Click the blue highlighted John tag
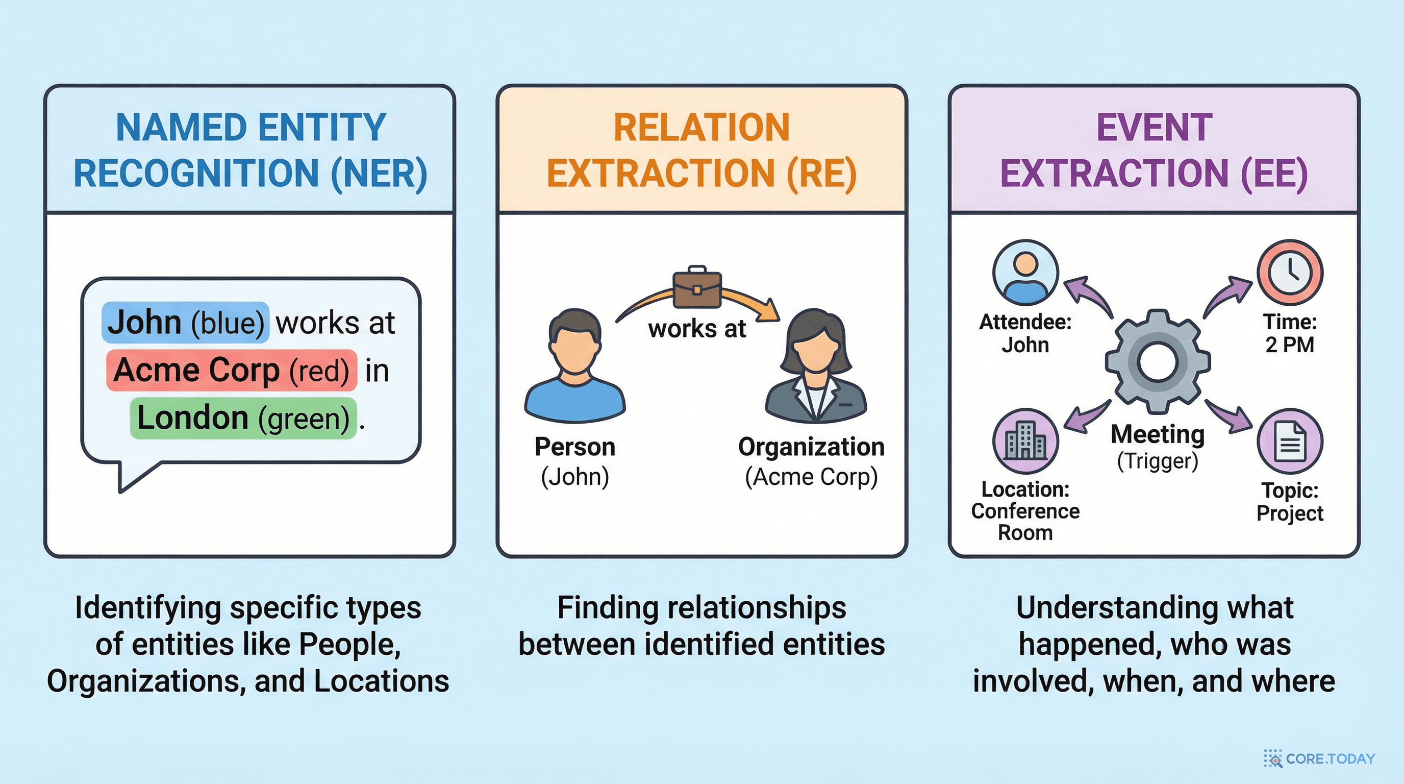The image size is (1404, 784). [x=185, y=322]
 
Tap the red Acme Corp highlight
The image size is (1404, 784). [x=232, y=370]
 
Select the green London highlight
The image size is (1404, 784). [x=243, y=418]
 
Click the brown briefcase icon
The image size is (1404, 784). [x=697, y=287]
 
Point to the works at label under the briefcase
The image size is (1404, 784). [x=697, y=329]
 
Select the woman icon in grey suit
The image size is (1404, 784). [x=815, y=366]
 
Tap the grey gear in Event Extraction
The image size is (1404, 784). [x=1158, y=361]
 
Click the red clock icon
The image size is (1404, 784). [x=1290, y=272]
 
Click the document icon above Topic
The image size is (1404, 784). [x=1290, y=442]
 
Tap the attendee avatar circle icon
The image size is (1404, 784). [x=1025, y=272]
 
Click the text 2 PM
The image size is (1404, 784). [x=1290, y=345]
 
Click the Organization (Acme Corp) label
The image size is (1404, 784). [x=811, y=461]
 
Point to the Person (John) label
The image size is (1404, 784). [x=575, y=461]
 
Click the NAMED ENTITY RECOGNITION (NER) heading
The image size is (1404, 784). [x=250, y=150]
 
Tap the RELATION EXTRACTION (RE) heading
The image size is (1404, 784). [x=701, y=150]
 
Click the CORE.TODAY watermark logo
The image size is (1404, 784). [x=1319, y=758]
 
